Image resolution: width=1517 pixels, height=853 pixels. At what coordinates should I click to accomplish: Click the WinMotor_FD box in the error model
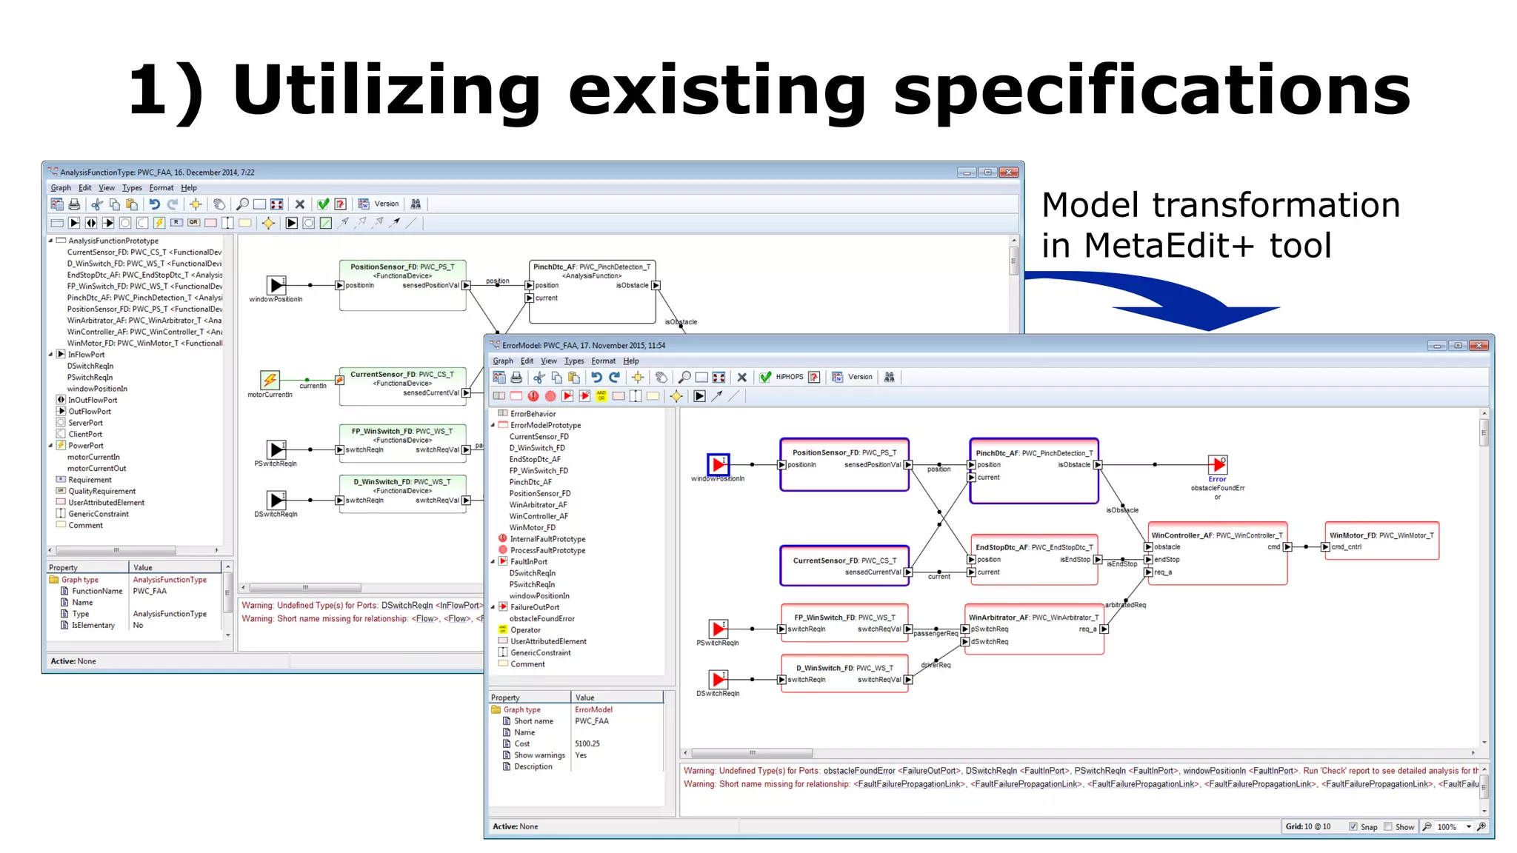click(x=1381, y=541)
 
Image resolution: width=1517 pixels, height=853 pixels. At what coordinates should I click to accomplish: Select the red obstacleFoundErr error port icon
click(x=1217, y=465)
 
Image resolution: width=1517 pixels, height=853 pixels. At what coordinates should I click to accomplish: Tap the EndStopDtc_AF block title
click(x=1033, y=547)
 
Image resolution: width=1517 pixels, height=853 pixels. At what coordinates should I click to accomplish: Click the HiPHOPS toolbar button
click(x=789, y=377)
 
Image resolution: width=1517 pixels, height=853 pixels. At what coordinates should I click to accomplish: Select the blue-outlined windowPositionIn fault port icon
click(x=718, y=465)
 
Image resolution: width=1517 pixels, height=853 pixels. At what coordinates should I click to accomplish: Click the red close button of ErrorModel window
click(x=1478, y=346)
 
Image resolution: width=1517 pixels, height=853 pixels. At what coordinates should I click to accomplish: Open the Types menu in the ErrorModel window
click(x=573, y=361)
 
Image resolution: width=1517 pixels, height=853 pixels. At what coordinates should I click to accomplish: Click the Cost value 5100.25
click(x=587, y=743)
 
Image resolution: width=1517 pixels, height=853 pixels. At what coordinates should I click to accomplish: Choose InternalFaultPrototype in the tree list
click(x=547, y=539)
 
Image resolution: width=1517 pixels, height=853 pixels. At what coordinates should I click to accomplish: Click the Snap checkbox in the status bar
click(x=1353, y=826)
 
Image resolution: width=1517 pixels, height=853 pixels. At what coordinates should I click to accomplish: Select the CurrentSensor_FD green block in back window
click(x=402, y=386)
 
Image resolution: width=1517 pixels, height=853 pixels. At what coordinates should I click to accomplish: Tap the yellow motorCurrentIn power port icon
click(x=270, y=381)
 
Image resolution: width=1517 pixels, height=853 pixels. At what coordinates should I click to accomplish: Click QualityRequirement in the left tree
click(x=102, y=491)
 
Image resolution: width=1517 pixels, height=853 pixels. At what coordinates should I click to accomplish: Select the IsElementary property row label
click(x=93, y=625)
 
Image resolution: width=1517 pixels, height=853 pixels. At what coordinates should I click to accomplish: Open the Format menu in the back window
click(x=161, y=188)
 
